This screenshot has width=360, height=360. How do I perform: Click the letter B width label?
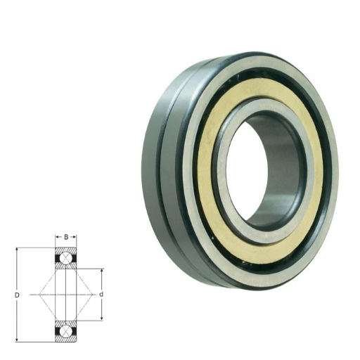[66, 237]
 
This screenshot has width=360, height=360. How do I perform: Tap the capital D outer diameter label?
[17, 295]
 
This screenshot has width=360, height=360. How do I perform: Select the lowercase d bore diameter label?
[101, 295]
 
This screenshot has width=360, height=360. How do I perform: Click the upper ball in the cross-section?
[66, 259]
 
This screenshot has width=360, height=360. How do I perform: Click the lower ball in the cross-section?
[66, 331]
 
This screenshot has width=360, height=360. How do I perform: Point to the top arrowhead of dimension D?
[17, 250]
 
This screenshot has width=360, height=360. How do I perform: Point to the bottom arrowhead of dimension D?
[17, 340]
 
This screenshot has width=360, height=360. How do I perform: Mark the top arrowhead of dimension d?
[101, 271]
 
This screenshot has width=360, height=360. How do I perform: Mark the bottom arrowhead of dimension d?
[101, 318]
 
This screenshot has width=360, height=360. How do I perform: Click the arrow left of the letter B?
[58, 237]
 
